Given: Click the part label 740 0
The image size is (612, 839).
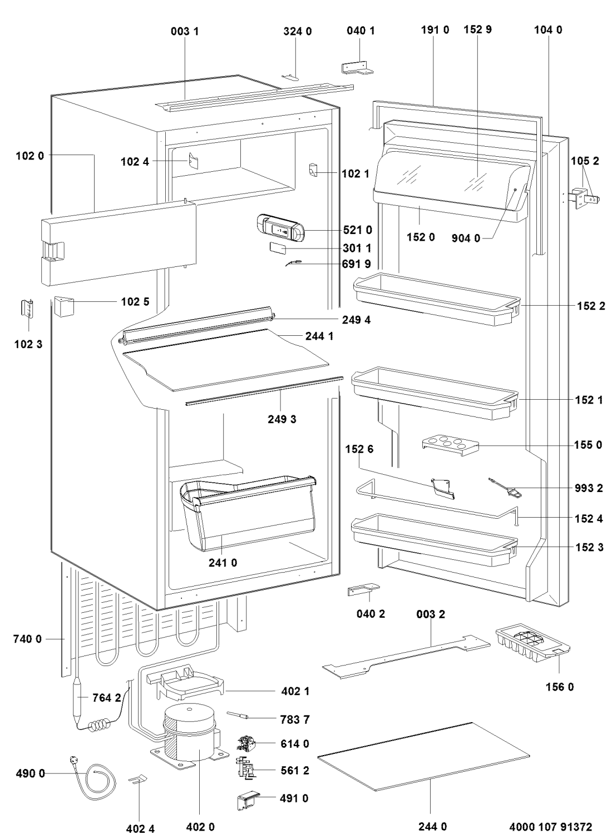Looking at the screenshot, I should pos(27,640).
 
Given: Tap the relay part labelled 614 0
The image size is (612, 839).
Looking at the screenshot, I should pos(246,743).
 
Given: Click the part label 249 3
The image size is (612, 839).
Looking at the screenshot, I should pos(282,419).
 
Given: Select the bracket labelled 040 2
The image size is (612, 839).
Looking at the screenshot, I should pos(362,590).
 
